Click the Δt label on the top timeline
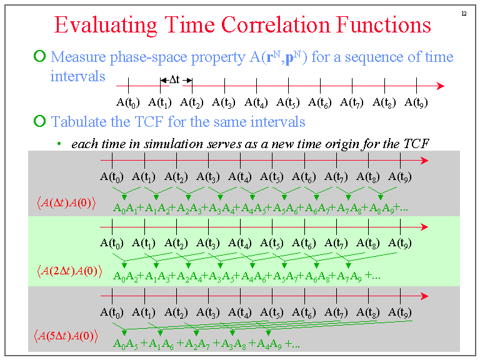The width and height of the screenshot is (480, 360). coord(174,80)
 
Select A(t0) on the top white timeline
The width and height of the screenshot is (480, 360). coord(128,102)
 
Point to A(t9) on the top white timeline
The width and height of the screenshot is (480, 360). coord(416,102)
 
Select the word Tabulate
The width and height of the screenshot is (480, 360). coord(77,121)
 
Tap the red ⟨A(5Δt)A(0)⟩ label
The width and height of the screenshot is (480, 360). coord(67,336)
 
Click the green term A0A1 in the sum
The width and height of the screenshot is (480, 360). coord(125,207)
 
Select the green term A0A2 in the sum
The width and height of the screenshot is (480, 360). coord(125,276)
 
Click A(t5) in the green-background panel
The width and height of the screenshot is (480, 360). coord(272,243)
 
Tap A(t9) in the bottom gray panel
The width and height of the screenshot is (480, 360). coord(400,312)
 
